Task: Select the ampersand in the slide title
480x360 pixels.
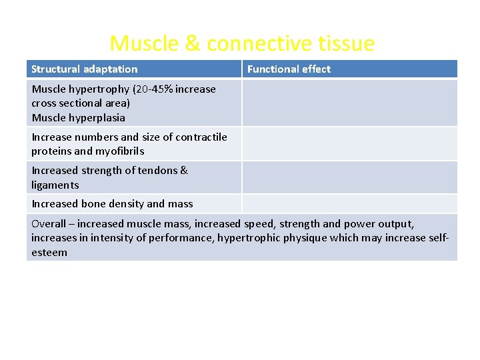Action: (x=192, y=44)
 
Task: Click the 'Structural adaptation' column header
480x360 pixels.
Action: (x=85, y=69)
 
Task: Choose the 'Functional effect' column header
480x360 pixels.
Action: (x=289, y=69)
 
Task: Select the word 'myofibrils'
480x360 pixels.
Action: (x=120, y=151)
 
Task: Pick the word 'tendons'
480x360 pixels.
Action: (x=158, y=171)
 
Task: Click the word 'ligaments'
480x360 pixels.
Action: (x=55, y=185)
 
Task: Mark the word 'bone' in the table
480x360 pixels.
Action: (x=93, y=204)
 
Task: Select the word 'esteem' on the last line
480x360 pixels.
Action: (x=49, y=253)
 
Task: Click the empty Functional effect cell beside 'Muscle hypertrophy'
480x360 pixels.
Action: (x=349, y=103)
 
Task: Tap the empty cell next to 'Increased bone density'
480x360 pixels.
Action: (x=349, y=204)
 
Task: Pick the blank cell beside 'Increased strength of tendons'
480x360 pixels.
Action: (x=349, y=177)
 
